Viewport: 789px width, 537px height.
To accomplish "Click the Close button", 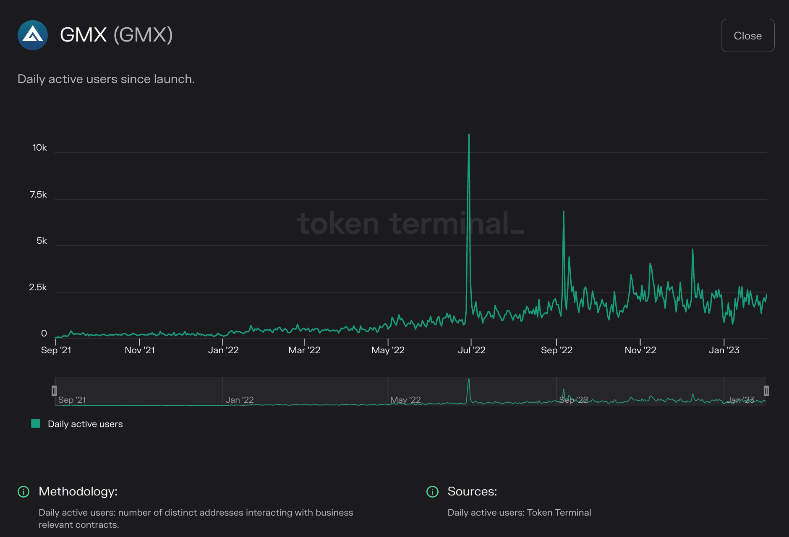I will [747, 36].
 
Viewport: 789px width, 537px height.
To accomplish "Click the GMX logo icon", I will [33, 35].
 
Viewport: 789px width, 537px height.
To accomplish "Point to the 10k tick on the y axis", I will [39, 148].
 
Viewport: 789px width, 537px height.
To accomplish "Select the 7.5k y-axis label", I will [38, 195].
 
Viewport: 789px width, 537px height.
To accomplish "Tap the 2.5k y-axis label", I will [38, 287].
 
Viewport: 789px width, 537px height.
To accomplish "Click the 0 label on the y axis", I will [44, 334].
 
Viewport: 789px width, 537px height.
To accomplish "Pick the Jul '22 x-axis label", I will [471, 350].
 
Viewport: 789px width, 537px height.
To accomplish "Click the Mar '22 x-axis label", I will [304, 350].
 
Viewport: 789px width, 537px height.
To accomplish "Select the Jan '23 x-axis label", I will [724, 350].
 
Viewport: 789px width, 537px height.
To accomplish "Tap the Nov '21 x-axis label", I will [140, 350].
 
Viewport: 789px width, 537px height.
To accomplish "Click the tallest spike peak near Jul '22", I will [469, 135].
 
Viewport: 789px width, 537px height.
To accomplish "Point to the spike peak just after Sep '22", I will [563, 212].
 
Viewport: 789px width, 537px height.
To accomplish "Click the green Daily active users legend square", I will [36, 423].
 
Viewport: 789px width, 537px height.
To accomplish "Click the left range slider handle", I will [54, 391].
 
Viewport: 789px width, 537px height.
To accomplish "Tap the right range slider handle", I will [766, 391].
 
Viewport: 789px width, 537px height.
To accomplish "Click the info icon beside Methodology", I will [24, 491].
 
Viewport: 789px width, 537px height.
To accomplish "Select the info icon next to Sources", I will [432, 491].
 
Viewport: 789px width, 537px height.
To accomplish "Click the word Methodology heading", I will [78, 491].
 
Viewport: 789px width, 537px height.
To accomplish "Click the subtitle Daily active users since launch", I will [106, 79].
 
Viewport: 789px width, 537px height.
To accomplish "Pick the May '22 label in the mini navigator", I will [405, 400].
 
